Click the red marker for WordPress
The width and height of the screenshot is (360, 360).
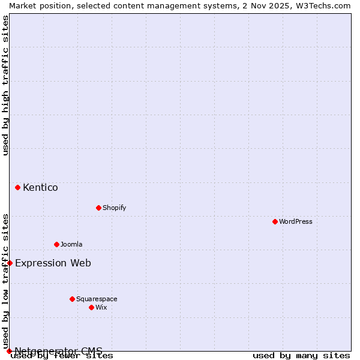tap(275, 221)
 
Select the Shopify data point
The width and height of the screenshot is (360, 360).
tap(98, 208)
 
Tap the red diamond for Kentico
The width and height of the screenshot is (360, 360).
tap(17, 187)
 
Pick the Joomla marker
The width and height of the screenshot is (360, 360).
tap(56, 244)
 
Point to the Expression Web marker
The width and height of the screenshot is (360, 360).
tap(10, 263)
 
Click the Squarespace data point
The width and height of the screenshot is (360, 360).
tap(72, 299)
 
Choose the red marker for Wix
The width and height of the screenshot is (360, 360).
tap(91, 307)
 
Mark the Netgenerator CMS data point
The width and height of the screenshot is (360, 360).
tap(9, 351)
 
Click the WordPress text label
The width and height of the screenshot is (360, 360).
tap(296, 221)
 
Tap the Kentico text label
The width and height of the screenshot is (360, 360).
tap(40, 188)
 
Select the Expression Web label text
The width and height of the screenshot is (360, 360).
tap(53, 263)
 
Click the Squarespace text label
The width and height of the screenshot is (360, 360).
tap(97, 299)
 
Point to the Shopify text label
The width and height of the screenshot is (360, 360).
tap(114, 208)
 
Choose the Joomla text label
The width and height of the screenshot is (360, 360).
tap(71, 244)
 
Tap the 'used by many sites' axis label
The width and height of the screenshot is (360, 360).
tap(301, 355)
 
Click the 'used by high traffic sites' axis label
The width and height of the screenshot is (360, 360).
tap(5, 85)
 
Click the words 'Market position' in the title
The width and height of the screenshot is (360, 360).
tap(35, 5)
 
